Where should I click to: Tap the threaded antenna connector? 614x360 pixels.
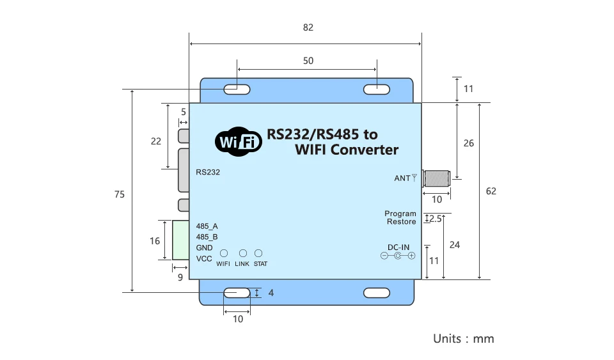(437, 178)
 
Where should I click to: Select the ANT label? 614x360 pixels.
(402, 178)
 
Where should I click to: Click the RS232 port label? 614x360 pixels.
(208, 172)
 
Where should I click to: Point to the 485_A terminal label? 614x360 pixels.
(207, 226)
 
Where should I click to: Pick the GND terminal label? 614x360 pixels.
(204, 247)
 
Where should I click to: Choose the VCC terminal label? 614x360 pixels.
(204, 258)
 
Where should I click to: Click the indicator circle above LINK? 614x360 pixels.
(243, 254)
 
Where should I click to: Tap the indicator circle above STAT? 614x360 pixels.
(259, 254)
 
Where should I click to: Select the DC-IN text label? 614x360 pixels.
(398, 247)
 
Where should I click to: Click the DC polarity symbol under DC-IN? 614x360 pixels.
(398, 256)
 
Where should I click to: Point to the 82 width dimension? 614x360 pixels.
(308, 27)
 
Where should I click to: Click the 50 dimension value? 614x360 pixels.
(308, 61)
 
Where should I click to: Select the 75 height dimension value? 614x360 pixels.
(119, 194)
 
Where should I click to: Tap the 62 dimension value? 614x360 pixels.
(491, 191)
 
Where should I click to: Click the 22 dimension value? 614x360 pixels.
(156, 141)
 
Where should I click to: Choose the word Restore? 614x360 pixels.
(401, 222)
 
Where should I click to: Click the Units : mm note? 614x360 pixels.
(463, 338)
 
